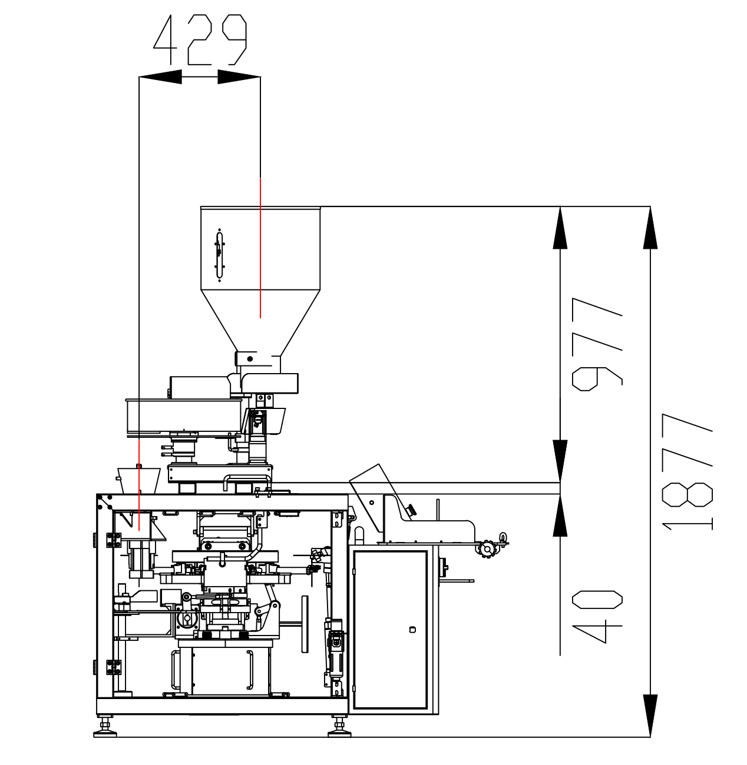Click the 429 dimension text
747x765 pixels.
[x=200, y=39]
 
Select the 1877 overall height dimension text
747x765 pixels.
[x=687, y=471]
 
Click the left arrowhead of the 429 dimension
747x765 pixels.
[x=160, y=76]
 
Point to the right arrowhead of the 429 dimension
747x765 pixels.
[x=239, y=76]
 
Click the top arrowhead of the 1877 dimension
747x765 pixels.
[x=650, y=228]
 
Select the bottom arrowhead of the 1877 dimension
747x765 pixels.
[x=650, y=716]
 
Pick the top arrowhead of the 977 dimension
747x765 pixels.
[x=560, y=228]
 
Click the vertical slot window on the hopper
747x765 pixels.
[x=220, y=255]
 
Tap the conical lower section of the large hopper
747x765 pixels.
[x=260, y=320]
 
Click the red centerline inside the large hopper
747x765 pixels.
[x=260, y=248]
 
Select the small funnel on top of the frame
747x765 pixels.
[x=139, y=480]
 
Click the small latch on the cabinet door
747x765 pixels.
[x=412, y=630]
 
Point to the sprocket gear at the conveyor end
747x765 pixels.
[x=488, y=548]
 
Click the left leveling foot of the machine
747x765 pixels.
[x=105, y=727]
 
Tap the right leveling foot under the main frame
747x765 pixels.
[x=339, y=727]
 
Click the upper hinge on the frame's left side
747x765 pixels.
[x=114, y=540]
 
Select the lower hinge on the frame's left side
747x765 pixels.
[x=114, y=667]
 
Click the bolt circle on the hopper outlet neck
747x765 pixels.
[x=250, y=359]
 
